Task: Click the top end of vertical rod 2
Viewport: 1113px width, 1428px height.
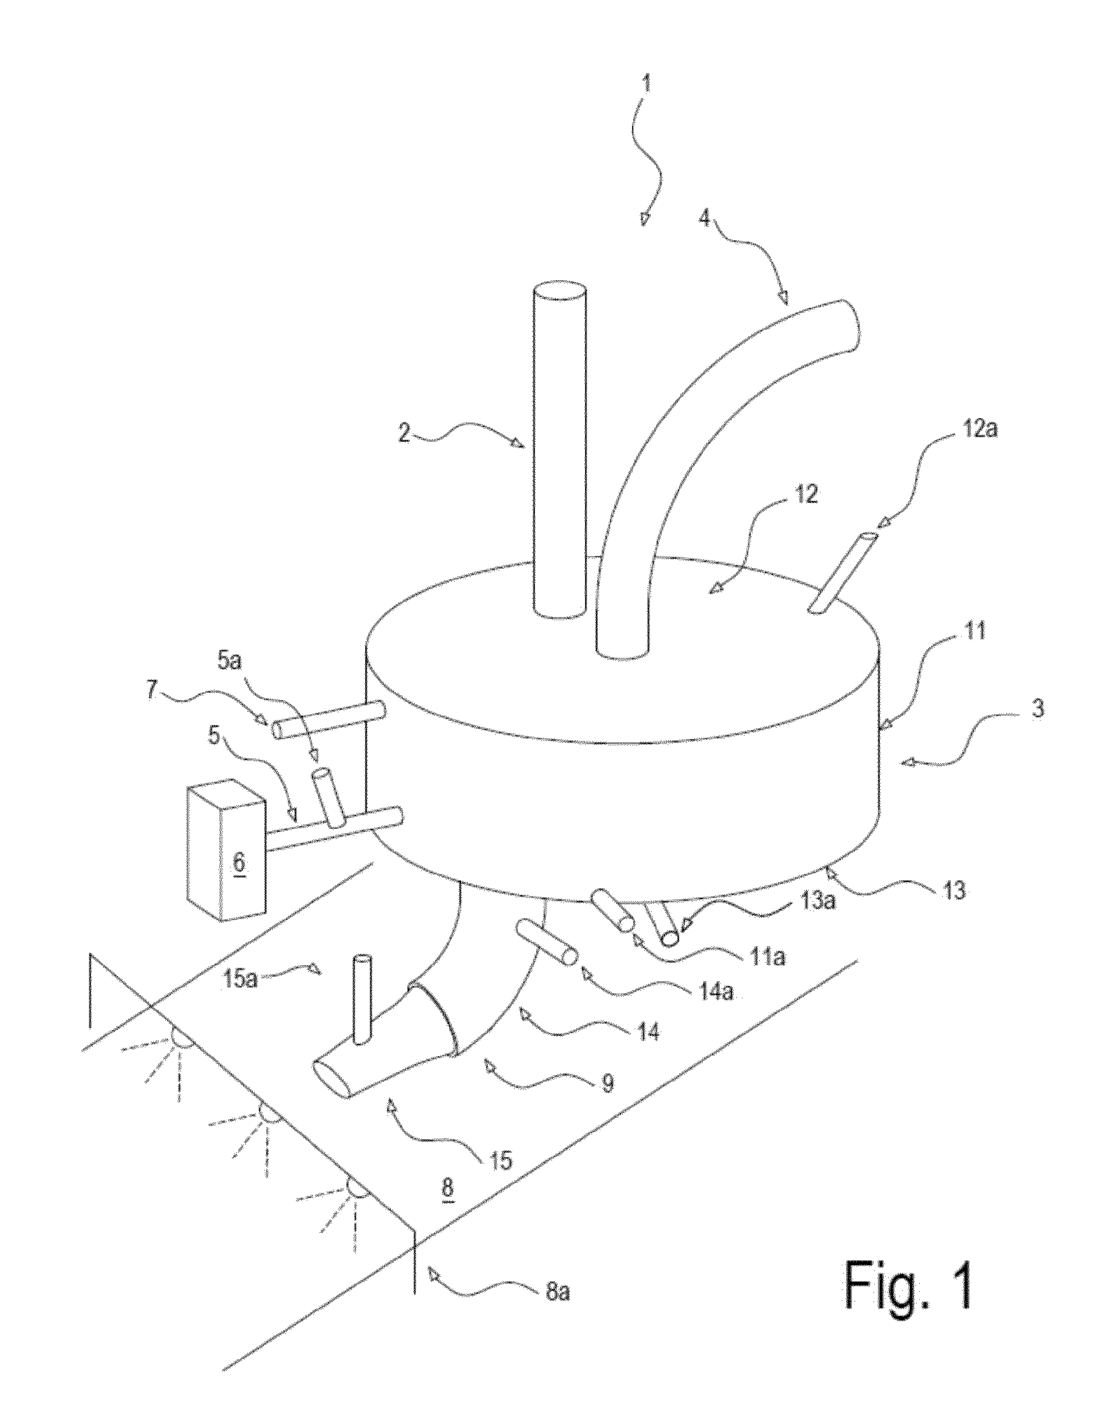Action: pyautogui.click(x=560, y=292)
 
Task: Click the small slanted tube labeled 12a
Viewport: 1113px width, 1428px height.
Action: pyautogui.click(x=843, y=573)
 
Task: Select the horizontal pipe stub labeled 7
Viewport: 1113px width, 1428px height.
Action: pyautogui.click(x=328, y=719)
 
